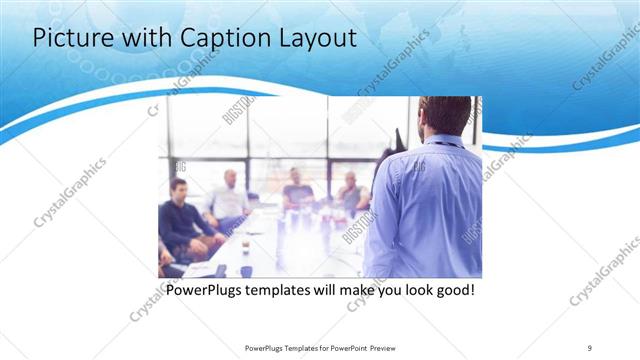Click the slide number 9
point(590,347)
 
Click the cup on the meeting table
point(246,270)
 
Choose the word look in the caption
point(413,291)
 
